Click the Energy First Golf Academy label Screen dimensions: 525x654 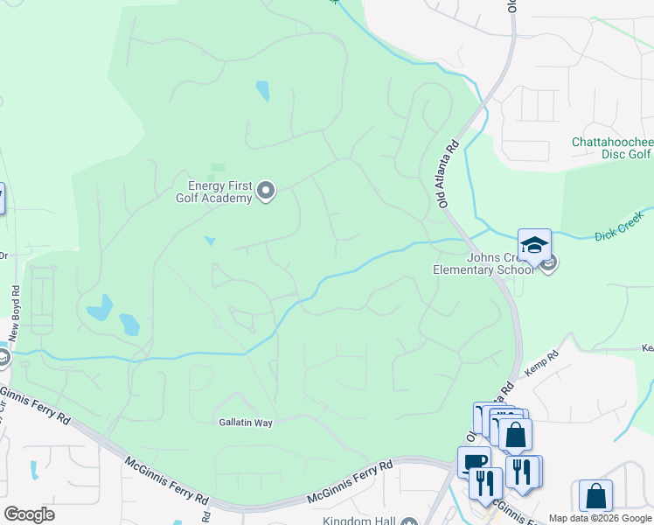[220, 192]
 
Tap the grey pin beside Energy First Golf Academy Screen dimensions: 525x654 [267, 191]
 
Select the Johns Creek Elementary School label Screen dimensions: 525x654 [483, 263]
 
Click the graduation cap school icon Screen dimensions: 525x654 [534, 245]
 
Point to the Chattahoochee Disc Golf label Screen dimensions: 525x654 [612, 148]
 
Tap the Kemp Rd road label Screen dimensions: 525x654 [541, 365]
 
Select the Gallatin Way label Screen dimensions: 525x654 [246, 423]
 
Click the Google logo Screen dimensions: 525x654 [29, 514]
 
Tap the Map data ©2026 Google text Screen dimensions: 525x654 [599, 518]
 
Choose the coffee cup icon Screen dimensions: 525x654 [473, 461]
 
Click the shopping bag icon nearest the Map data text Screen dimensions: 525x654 [595, 495]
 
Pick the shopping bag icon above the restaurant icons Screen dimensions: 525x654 [516, 433]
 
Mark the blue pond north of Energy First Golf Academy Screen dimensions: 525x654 [262, 90]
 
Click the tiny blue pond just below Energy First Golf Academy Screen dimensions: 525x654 [209, 241]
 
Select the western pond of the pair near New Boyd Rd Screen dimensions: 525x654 [100, 307]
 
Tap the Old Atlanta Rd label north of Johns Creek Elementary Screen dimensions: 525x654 [449, 175]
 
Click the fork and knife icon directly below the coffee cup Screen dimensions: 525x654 [485, 482]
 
